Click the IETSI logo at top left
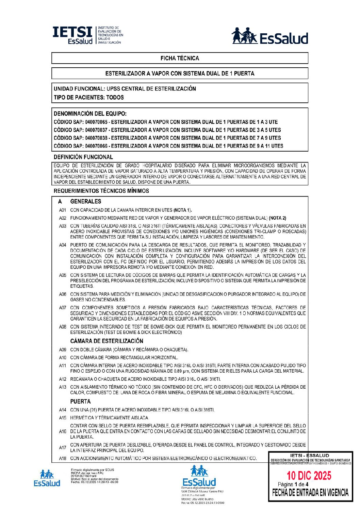(x=87, y=35)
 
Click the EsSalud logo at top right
(x=269, y=36)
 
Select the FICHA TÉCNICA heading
(x=180, y=58)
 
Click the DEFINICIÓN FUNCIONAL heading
(x=83, y=157)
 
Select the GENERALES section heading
(x=85, y=201)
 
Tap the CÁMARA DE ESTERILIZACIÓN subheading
(x=107, y=341)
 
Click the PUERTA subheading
(x=80, y=402)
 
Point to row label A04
(x=63, y=245)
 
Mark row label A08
(x=63, y=327)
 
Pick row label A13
(x=63, y=387)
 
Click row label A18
(x=63, y=458)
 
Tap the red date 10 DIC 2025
(x=309, y=475)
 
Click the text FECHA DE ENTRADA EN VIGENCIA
(x=310, y=492)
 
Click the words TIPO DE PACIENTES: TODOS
(x=88, y=97)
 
